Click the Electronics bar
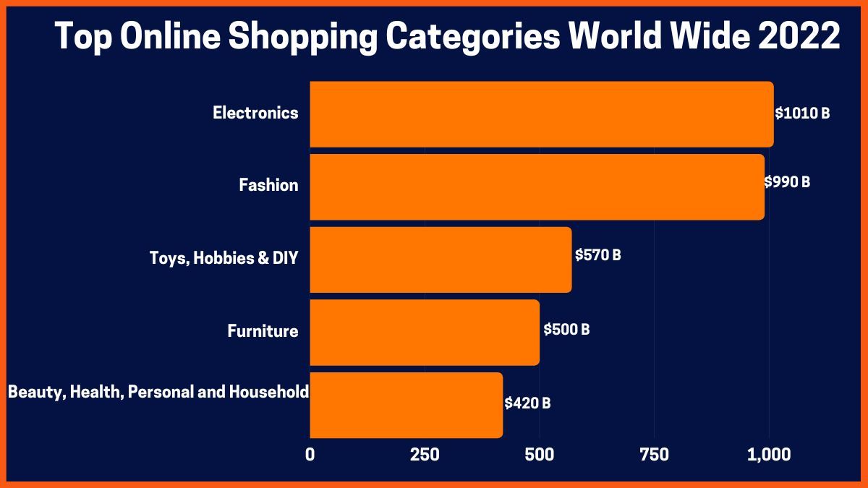tap(541, 114)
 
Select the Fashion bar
tap(537, 187)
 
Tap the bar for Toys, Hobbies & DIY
tap(441, 260)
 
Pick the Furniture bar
tap(425, 333)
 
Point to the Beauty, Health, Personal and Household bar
tap(406, 405)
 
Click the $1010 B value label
tap(802, 114)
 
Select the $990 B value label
tap(787, 182)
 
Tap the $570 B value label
tap(598, 255)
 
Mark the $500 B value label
tap(566, 330)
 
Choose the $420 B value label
tap(527, 403)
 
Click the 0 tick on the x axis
tap(310, 455)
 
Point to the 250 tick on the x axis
tap(425, 455)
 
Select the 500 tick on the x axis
tap(540, 455)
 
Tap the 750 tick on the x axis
tap(654, 455)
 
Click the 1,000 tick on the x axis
tap(769, 455)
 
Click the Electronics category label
tap(255, 113)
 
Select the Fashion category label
tap(268, 185)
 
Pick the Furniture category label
tap(263, 331)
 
